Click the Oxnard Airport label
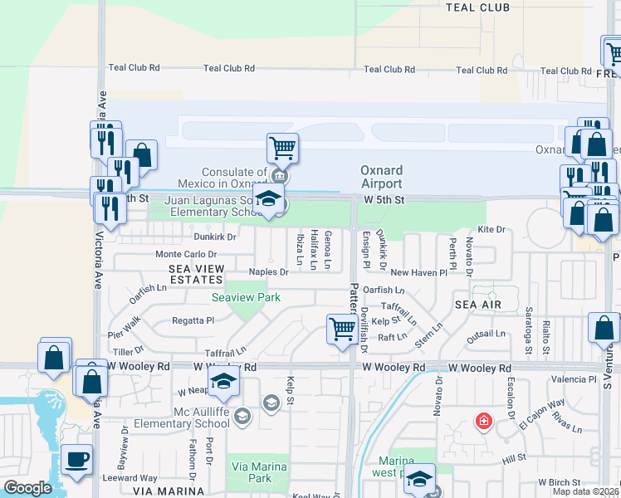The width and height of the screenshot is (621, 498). point(381,177)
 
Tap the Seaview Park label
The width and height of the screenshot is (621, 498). point(246,297)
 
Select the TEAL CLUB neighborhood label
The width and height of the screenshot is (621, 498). point(477,7)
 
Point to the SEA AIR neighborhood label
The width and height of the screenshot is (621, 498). point(477,305)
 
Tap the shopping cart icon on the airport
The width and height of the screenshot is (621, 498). point(282,149)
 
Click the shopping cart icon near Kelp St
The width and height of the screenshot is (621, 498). point(342,330)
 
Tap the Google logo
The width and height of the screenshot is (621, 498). point(27,488)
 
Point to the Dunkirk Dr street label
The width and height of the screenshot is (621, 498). point(214,237)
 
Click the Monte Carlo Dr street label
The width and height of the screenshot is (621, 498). point(186,254)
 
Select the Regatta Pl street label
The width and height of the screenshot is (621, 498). point(193,320)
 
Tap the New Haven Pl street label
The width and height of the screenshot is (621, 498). point(418,272)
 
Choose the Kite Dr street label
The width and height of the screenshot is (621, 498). point(491,229)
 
